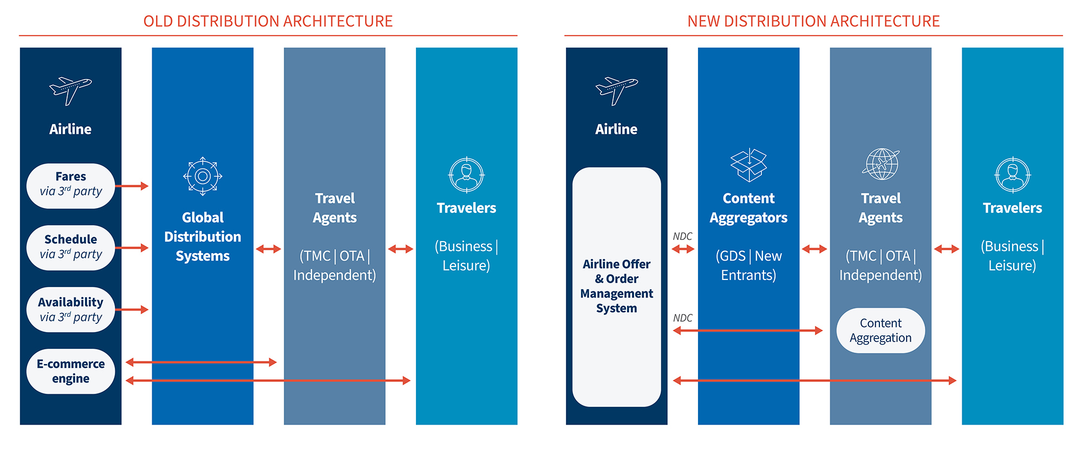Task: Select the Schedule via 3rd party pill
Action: pyautogui.click(x=70, y=248)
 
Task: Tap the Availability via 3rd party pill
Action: pyautogui.click(x=70, y=309)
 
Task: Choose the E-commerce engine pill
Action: pyautogui.click(x=70, y=371)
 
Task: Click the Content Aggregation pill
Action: pyautogui.click(x=880, y=330)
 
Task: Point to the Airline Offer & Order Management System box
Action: pyautogui.click(x=616, y=287)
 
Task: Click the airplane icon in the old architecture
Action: pyautogui.click(x=70, y=90)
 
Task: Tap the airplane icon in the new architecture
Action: pyautogui.click(x=616, y=90)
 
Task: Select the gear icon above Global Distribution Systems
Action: pyautogui.click(x=203, y=176)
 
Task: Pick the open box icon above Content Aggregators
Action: pyautogui.click(x=749, y=165)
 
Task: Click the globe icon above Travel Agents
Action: pyautogui.click(x=881, y=164)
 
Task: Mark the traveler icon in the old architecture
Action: pyautogui.click(x=466, y=175)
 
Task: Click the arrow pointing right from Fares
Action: pyautogui.click(x=132, y=186)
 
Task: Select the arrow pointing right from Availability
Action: pyautogui.click(x=132, y=309)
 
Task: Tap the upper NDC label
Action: pyautogui.click(x=682, y=237)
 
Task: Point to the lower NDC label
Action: pyautogui.click(x=682, y=318)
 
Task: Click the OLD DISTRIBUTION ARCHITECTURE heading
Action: pyautogui.click(x=268, y=21)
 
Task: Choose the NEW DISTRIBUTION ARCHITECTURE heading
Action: pyautogui.click(x=813, y=21)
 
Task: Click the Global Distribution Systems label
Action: pyautogui.click(x=203, y=237)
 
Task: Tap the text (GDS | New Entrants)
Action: pyautogui.click(x=749, y=265)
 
